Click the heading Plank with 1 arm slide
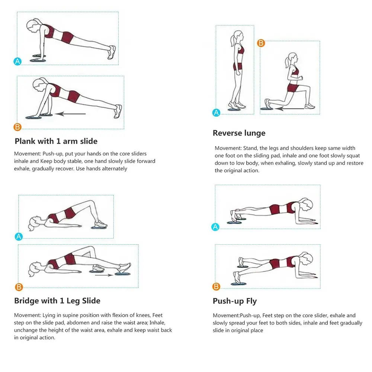[x=56, y=141]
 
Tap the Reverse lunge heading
[x=239, y=133]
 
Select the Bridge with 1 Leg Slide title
[x=57, y=301]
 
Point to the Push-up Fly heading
[x=235, y=301]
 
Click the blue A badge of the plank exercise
[x=17, y=61]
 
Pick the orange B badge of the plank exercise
[x=17, y=127]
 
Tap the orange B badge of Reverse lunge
[x=261, y=43]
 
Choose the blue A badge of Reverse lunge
[x=216, y=112]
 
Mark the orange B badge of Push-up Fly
[x=216, y=286]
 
